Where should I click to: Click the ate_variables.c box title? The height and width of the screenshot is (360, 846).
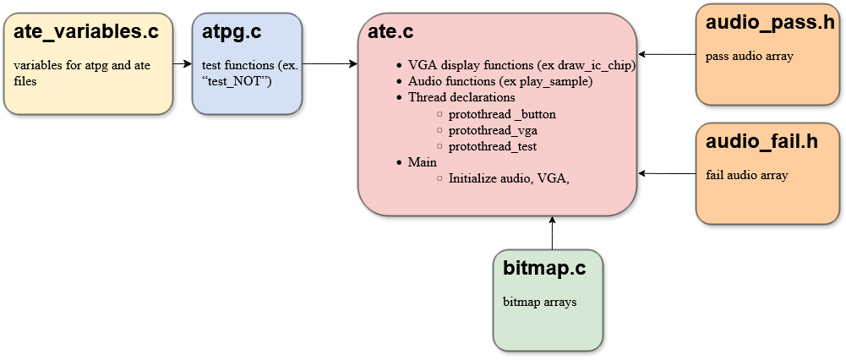coord(87,33)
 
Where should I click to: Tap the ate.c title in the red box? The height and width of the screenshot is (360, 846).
coord(390,33)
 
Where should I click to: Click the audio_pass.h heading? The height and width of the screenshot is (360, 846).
coord(769,24)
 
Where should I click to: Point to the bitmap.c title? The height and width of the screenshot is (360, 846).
coord(544,270)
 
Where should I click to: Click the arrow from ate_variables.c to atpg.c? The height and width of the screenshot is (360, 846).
coord(183,63)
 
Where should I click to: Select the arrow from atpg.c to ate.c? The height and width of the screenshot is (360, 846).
coord(330,63)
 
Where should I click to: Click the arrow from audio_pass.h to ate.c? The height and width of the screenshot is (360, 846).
coord(667,54)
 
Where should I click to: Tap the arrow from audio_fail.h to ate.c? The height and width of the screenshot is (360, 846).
coord(667,173)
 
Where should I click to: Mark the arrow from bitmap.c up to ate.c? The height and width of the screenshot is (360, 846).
coord(551,232)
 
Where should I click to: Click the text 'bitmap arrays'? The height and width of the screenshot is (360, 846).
coord(540,302)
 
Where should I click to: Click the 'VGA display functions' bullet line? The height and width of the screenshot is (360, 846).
coord(521,64)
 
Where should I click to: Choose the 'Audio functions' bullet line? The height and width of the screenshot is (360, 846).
coord(499,81)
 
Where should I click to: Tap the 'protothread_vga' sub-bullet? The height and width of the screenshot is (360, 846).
coord(493,130)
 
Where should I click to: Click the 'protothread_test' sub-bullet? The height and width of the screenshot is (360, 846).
coord(493,146)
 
